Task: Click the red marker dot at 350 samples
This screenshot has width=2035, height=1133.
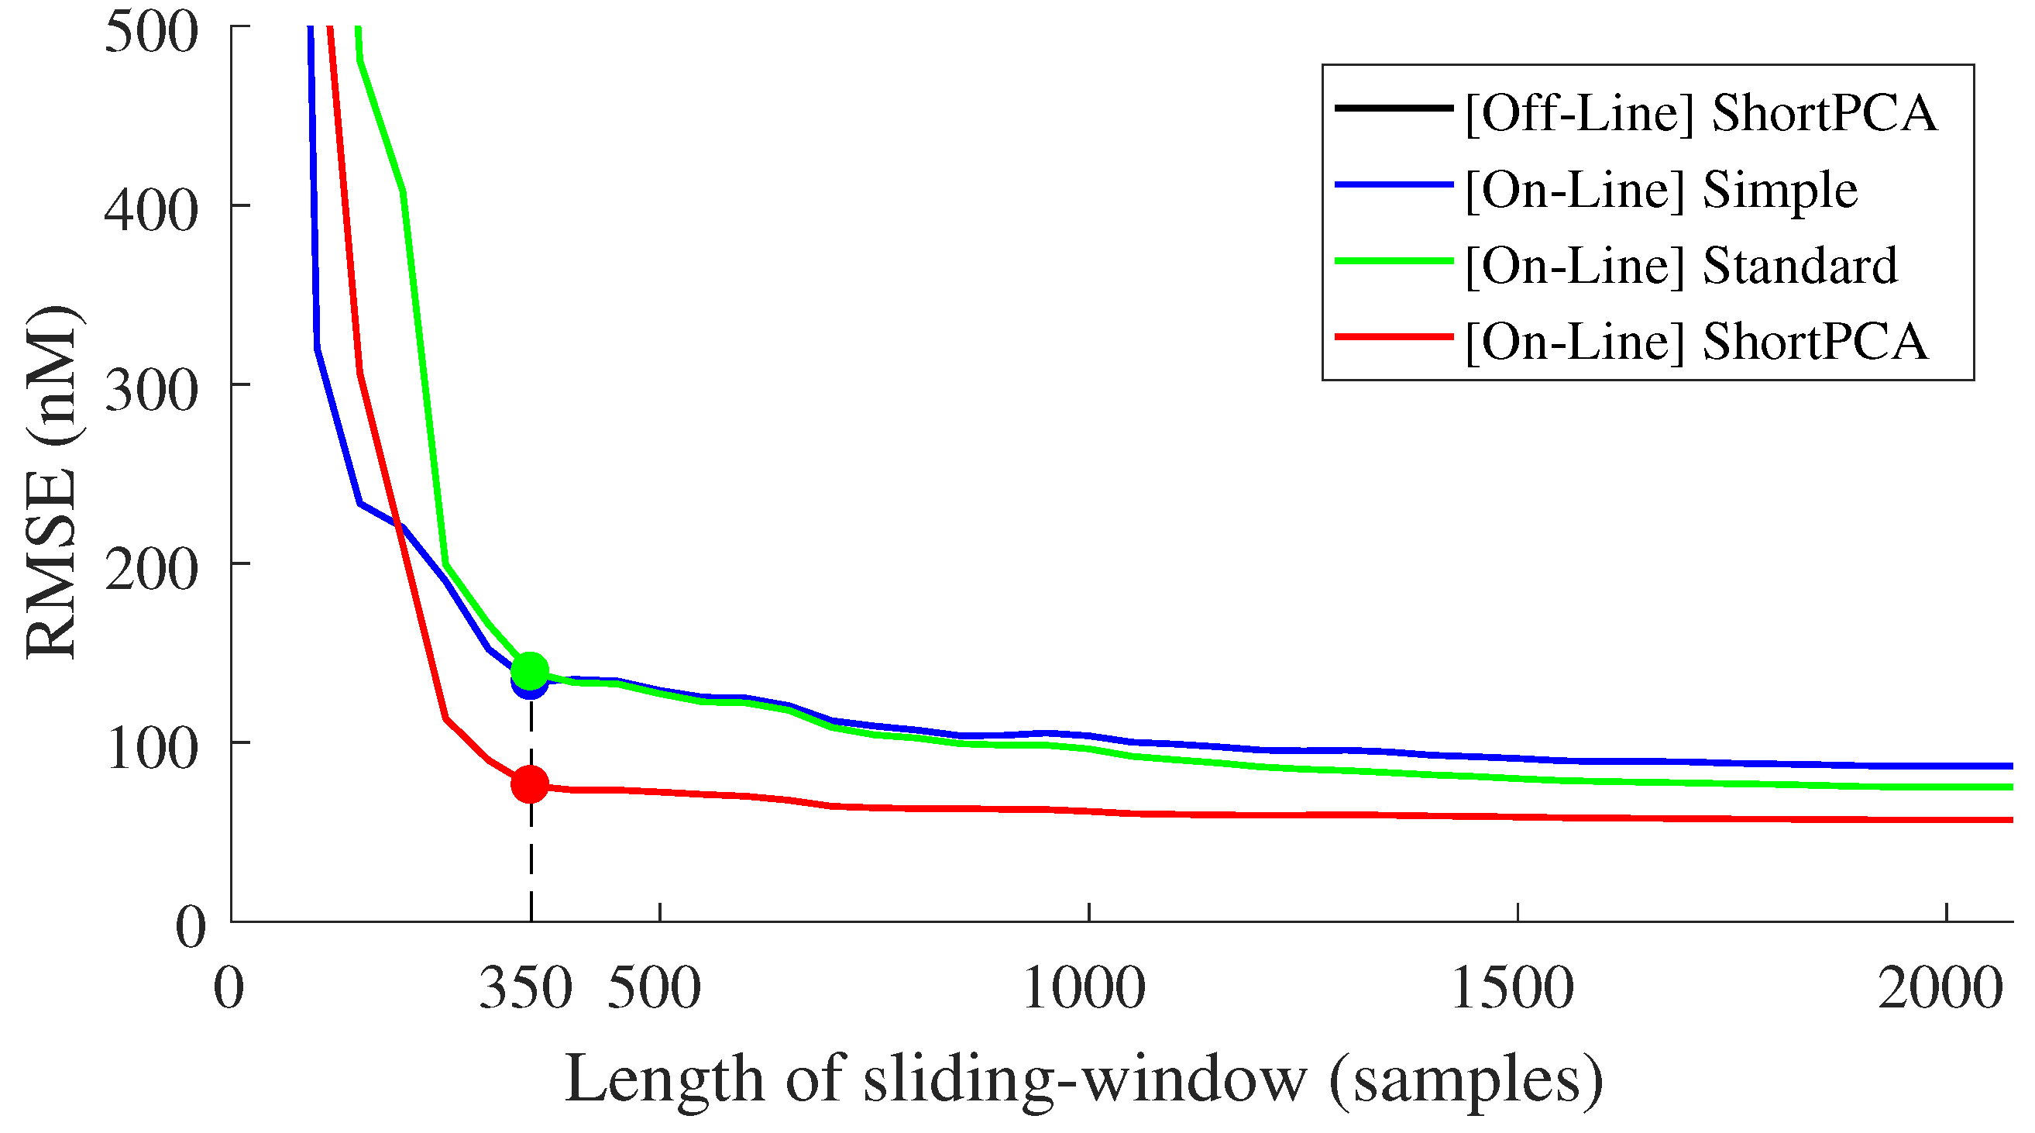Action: pyautogui.click(x=529, y=784)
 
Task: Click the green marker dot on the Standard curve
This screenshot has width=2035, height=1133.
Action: pyautogui.click(x=529, y=671)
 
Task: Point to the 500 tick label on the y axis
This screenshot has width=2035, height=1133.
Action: pyautogui.click(x=151, y=33)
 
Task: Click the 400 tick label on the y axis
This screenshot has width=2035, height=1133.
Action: pyautogui.click(x=151, y=212)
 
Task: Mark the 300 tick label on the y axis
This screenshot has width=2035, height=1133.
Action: pyautogui.click(x=151, y=391)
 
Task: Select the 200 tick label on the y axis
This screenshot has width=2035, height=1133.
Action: pyautogui.click(x=151, y=570)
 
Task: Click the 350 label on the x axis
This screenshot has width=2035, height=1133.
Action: pyautogui.click(x=525, y=988)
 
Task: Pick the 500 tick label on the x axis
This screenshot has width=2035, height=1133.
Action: pyautogui.click(x=654, y=988)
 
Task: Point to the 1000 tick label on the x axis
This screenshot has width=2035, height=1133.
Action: pyautogui.click(x=1084, y=988)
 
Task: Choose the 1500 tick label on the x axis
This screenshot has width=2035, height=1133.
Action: pyautogui.click(x=1512, y=988)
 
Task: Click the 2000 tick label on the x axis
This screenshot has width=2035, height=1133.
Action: pyautogui.click(x=1940, y=988)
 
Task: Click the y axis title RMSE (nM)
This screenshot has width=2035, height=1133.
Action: pyautogui.click(x=50, y=482)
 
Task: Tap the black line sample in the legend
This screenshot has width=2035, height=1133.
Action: pyautogui.click(x=1394, y=108)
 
